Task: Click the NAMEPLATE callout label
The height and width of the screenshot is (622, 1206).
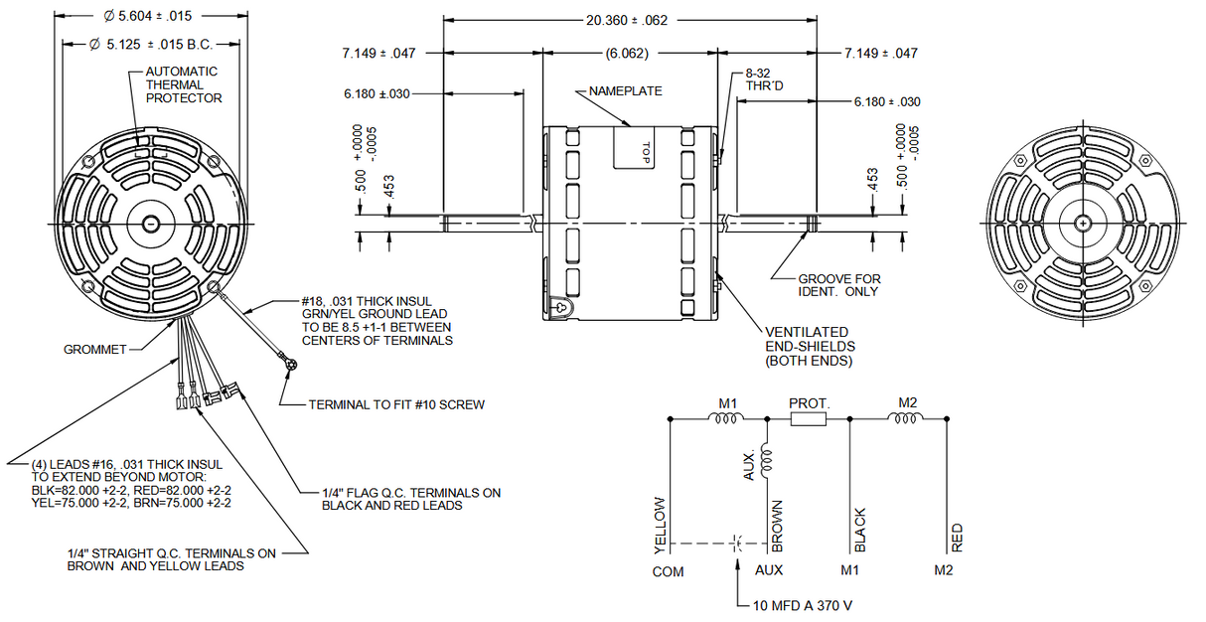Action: (x=625, y=90)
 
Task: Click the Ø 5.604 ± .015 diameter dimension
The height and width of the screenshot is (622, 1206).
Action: (x=147, y=17)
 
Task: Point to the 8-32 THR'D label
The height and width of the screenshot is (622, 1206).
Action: (x=762, y=79)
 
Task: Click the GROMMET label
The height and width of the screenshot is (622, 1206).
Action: (x=94, y=350)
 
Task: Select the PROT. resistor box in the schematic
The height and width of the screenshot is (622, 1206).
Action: (x=809, y=419)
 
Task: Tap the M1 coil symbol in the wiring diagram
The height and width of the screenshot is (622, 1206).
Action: (x=723, y=419)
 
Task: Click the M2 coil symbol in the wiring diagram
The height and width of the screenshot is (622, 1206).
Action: (x=906, y=419)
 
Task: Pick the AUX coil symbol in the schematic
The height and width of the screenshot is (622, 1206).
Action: (x=766, y=459)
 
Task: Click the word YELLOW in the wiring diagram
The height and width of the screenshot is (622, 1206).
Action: (x=659, y=524)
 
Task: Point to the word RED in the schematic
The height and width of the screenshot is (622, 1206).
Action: (x=957, y=538)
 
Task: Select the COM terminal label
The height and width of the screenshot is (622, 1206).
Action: (x=668, y=571)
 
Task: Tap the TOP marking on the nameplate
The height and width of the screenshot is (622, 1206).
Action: (x=645, y=152)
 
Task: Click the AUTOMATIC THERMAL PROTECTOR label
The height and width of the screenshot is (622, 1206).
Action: (x=184, y=84)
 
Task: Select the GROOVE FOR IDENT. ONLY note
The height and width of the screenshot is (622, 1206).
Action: (x=839, y=285)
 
